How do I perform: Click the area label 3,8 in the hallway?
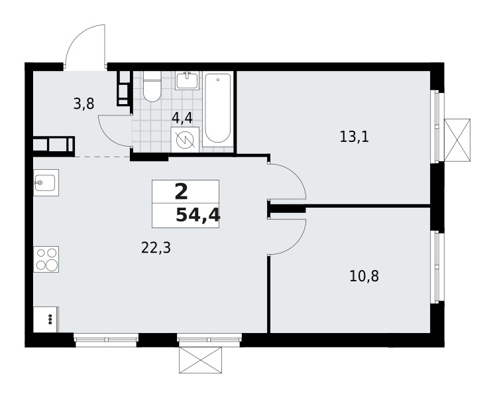(x=83, y=103)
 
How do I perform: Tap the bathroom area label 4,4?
(x=182, y=118)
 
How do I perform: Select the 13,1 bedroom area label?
(x=355, y=137)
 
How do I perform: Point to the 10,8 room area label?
(x=364, y=276)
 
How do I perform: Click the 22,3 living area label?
(x=156, y=248)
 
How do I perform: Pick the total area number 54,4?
(x=198, y=216)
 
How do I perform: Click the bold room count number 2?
(x=181, y=192)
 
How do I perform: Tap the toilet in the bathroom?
(x=152, y=86)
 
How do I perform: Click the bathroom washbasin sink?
(x=188, y=80)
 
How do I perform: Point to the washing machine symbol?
(x=185, y=140)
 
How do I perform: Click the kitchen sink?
(x=46, y=182)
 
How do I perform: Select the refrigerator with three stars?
(x=46, y=319)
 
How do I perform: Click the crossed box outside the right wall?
(x=457, y=141)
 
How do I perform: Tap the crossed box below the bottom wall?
(x=200, y=360)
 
